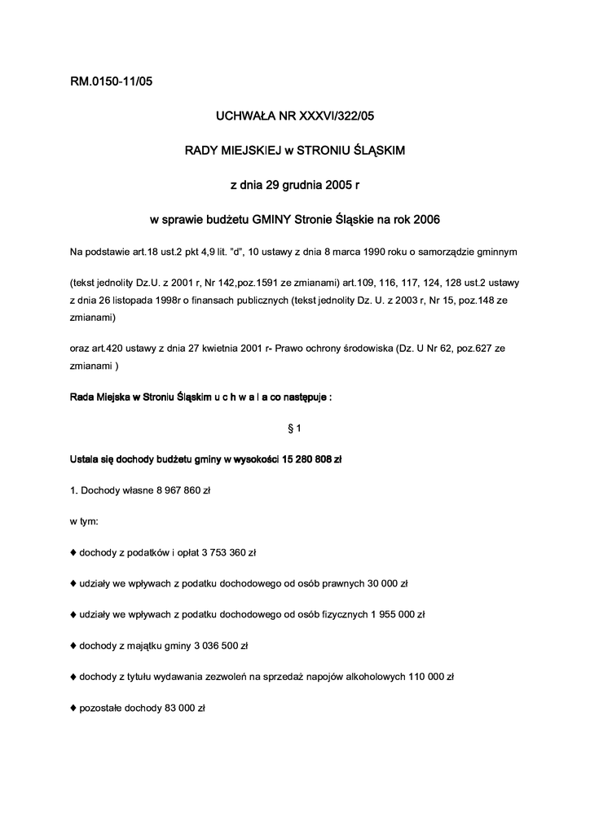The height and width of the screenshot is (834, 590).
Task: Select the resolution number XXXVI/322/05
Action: (327, 116)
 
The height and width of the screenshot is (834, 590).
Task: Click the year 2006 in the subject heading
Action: (427, 219)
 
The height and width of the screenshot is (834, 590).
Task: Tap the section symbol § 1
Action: (294, 427)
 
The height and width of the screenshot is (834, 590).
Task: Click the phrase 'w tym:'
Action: (84, 521)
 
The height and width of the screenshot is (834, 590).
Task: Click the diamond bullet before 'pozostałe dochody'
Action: (74, 708)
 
